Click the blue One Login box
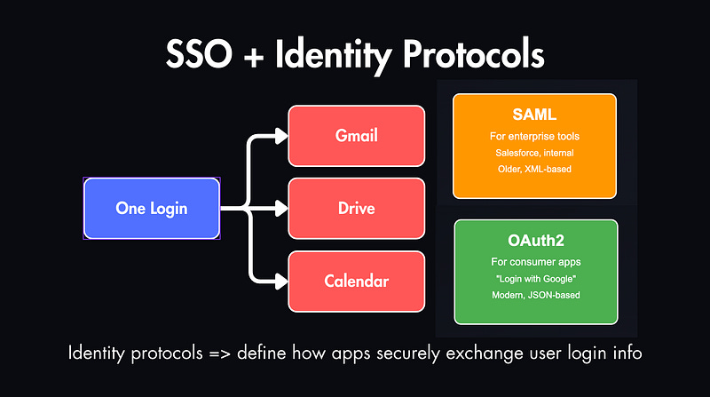pos(152,209)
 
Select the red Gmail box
pos(357,136)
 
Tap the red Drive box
pos(357,209)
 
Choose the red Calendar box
pos(357,282)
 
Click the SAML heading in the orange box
pos(533,116)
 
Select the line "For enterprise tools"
pos(533,138)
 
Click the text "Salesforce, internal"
pos(533,153)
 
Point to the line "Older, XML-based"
pos(533,169)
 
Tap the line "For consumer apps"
pos(534,264)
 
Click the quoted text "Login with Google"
pos(534,279)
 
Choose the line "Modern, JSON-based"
pos(534,295)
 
